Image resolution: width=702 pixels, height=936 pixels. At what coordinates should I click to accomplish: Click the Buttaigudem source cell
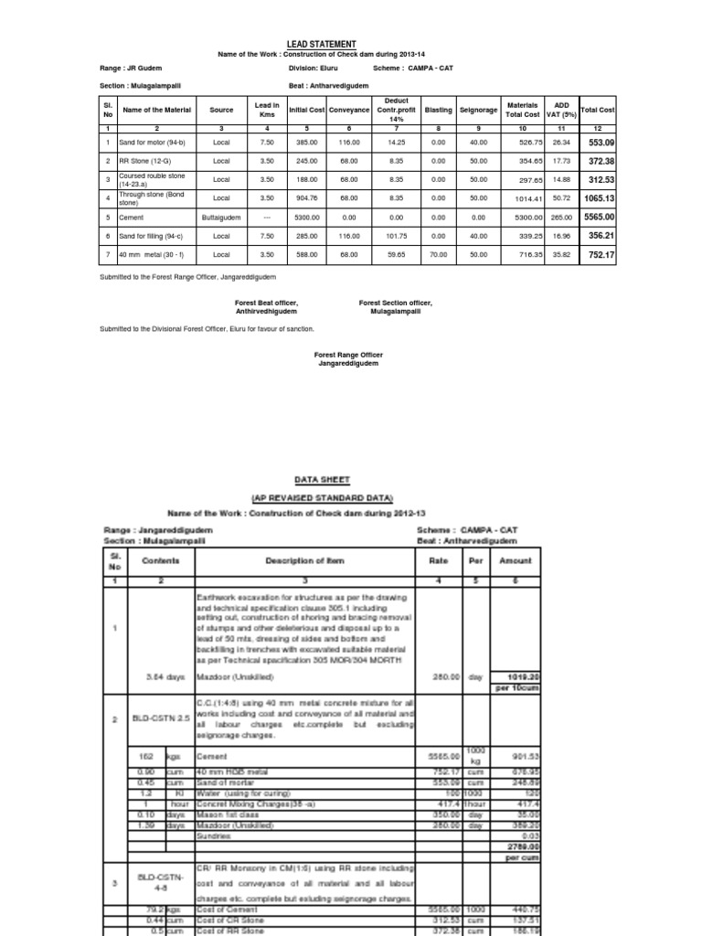pos(221,218)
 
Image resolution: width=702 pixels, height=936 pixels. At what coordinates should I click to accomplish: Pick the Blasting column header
pos(438,109)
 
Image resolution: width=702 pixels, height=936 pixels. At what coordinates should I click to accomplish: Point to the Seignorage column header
pos(479,109)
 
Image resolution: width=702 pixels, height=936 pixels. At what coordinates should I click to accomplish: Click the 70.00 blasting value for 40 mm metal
pos(438,256)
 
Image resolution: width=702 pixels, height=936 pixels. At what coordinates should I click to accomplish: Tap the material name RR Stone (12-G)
pos(144,161)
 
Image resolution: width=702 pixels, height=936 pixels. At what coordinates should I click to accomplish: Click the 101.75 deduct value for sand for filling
pos(396,235)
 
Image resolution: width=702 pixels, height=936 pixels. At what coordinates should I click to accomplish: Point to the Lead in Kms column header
pos(266,109)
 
